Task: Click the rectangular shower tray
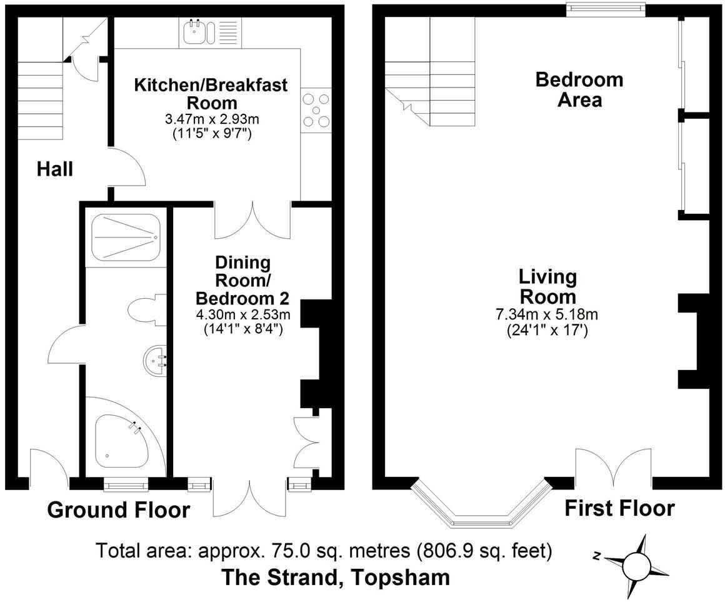click(x=126, y=238)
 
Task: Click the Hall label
click(x=54, y=169)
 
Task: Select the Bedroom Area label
click(x=579, y=89)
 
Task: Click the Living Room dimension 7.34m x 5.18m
click(x=547, y=314)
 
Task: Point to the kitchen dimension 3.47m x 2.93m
click(x=211, y=118)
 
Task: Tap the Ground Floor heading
click(x=119, y=510)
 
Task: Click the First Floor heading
click(x=619, y=508)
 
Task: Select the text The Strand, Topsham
click(x=336, y=577)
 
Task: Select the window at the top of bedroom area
click(x=605, y=8)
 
